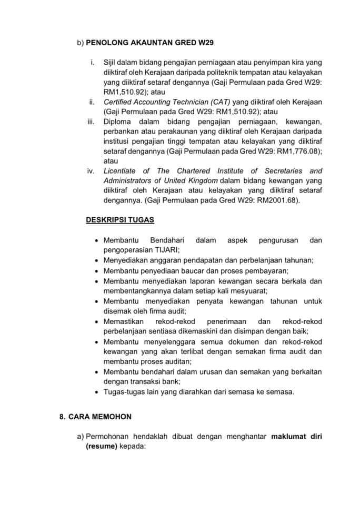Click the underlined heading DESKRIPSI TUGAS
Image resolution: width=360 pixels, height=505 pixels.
pos(120,219)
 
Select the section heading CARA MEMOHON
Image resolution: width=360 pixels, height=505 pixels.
pos(101,416)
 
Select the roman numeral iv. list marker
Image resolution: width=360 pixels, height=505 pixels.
pos(90,171)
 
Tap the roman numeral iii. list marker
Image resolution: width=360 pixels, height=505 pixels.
pos(90,122)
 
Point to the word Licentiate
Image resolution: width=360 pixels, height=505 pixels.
pos(121,171)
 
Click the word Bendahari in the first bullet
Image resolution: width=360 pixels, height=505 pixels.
pos(167,240)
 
